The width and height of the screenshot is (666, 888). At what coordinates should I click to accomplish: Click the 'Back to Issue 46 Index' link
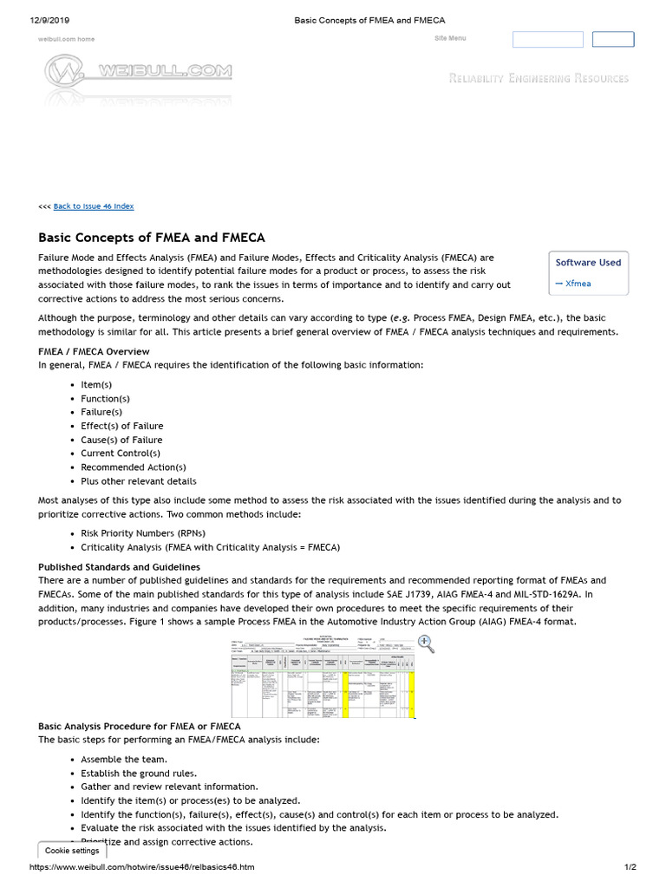tap(93, 206)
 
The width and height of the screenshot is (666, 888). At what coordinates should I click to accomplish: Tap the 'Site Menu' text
tap(450, 38)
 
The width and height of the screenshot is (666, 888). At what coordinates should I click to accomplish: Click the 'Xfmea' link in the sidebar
tap(578, 284)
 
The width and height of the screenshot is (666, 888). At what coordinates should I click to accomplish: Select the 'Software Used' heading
tap(588, 263)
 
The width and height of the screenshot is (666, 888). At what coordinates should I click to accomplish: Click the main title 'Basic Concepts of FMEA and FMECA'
tap(152, 238)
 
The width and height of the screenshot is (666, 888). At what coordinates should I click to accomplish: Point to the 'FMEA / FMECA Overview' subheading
tap(94, 351)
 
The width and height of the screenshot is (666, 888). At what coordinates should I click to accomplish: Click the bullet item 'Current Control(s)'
tap(121, 454)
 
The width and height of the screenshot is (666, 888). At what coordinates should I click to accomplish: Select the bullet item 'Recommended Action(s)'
tap(134, 467)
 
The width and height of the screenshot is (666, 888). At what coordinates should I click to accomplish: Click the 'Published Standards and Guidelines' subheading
tap(119, 567)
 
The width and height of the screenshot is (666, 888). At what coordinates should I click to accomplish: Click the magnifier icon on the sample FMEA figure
tap(425, 643)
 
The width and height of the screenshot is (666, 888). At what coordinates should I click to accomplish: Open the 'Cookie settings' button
tap(72, 851)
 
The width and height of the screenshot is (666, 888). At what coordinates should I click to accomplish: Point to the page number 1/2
tap(630, 867)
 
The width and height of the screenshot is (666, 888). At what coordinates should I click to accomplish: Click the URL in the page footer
tap(141, 867)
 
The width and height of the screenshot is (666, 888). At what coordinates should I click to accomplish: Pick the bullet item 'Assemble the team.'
tap(124, 760)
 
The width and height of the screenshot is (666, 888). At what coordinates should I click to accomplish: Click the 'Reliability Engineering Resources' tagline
tap(539, 79)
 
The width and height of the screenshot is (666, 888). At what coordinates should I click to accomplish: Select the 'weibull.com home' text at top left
tap(67, 39)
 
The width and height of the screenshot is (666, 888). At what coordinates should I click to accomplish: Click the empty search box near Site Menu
tap(548, 40)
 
